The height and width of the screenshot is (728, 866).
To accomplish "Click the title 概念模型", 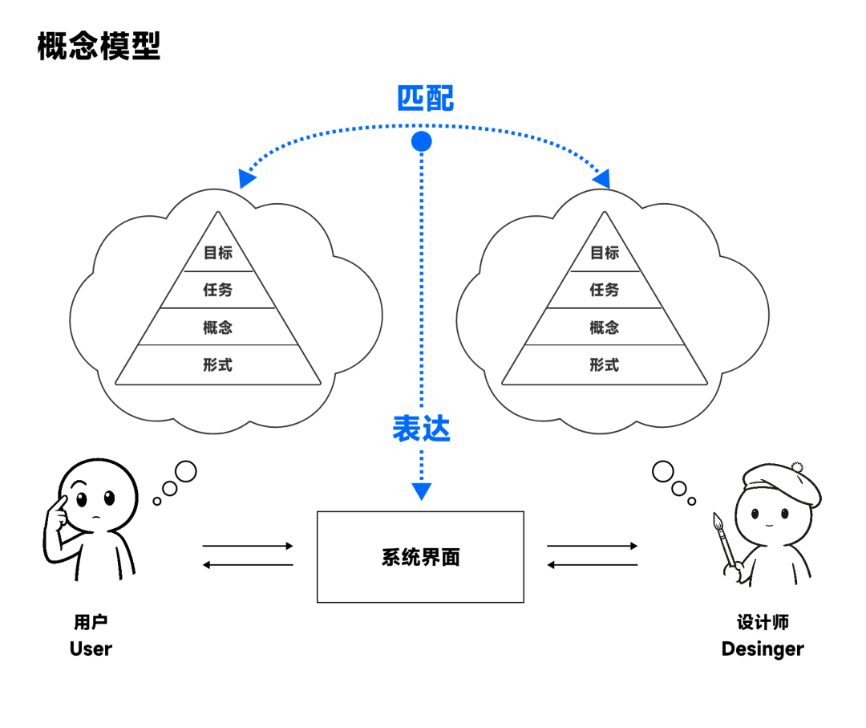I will point(99,47).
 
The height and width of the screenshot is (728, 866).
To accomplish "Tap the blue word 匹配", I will point(425,98).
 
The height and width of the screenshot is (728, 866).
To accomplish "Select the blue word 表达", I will point(421,429).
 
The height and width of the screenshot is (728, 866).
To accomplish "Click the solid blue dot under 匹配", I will point(421,142).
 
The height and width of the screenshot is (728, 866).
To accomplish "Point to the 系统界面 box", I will point(420,557).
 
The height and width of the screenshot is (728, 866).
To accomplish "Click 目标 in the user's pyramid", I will point(217,253).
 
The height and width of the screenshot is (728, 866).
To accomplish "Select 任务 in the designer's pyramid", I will point(605,290).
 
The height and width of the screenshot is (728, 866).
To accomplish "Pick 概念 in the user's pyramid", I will point(217,327).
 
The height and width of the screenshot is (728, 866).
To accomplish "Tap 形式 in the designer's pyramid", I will point(605,365).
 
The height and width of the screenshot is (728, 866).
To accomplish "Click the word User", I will point(91,649).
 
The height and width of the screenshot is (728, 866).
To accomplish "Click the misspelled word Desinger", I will point(762,649).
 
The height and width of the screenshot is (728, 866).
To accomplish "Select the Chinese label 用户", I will point(91,622).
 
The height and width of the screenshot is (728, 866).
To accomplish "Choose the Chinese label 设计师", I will point(763,622).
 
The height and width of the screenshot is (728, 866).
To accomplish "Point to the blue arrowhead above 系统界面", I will point(421,491).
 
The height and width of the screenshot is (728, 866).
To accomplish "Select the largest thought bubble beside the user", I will point(185,472).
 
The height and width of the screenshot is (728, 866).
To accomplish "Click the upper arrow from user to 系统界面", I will point(248,546).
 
